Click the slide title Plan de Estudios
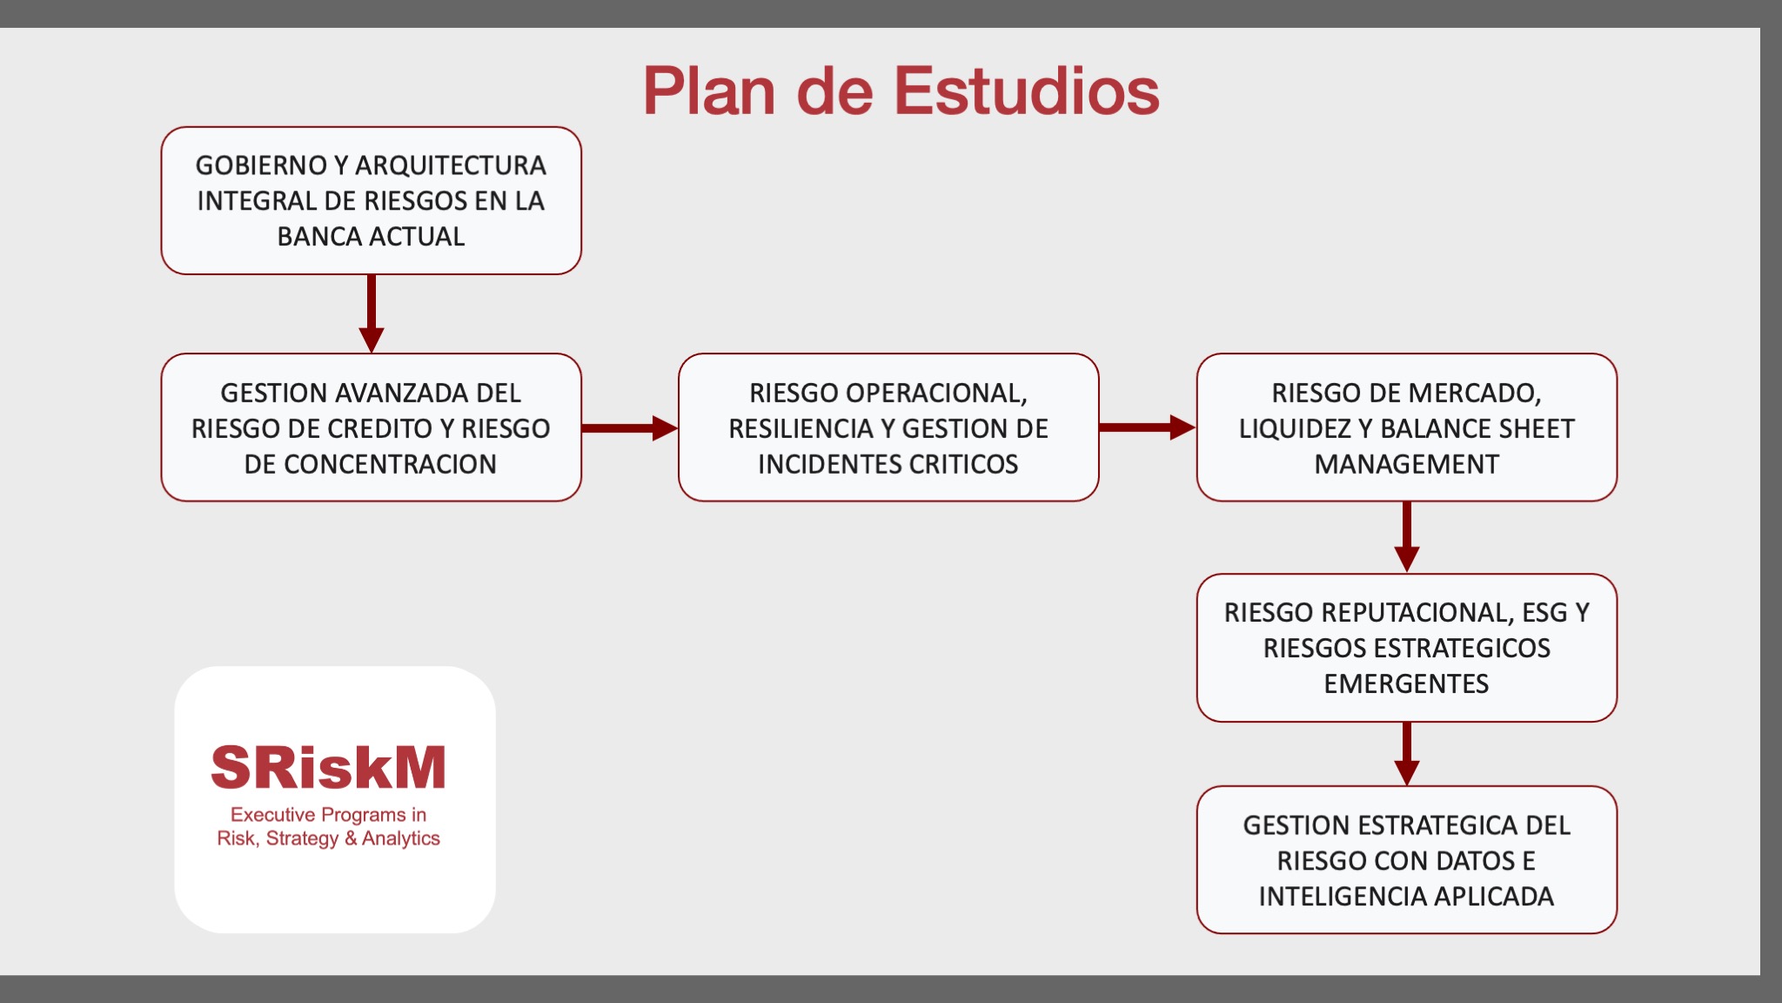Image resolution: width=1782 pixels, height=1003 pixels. [x=901, y=91]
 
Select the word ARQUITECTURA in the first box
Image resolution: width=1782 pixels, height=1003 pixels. [x=451, y=165]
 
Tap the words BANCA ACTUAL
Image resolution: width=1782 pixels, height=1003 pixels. [x=371, y=237]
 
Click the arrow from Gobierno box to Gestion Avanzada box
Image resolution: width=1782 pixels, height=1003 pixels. [x=372, y=313]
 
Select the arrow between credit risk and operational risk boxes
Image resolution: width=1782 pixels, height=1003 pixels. [x=629, y=427]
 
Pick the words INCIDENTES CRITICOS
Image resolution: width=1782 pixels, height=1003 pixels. [x=888, y=465]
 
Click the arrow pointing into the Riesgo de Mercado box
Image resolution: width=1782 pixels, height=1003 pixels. [x=1147, y=427]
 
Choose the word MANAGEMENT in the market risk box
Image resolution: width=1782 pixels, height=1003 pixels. [x=1406, y=465]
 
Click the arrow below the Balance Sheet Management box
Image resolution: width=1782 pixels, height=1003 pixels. [x=1407, y=536]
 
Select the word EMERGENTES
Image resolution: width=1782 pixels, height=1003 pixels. [x=1406, y=684]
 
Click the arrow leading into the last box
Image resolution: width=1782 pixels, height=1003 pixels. [x=1407, y=754]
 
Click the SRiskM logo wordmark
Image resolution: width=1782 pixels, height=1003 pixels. [x=328, y=768]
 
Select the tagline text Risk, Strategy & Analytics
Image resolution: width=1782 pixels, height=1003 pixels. [x=328, y=838]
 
